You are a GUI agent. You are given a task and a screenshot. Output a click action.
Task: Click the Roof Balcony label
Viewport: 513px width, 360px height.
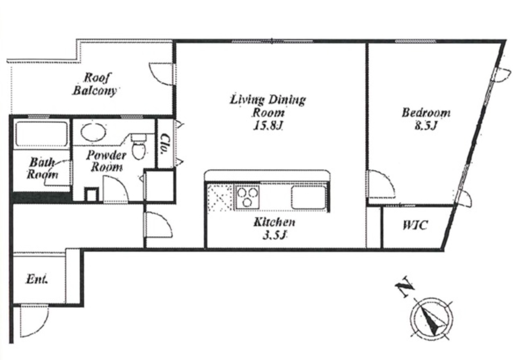pyautogui.click(x=94, y=84)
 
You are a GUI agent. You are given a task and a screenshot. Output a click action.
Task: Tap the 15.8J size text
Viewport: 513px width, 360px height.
pyautogui.click(x=268, y=125)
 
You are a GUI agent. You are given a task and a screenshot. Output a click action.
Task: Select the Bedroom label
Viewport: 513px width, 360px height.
pyautogui.click(x=426, y=113)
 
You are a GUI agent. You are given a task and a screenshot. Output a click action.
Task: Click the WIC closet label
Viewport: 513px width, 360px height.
pyautogui.click(x=415, y=225)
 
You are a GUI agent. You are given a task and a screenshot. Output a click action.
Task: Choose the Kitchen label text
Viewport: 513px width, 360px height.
pyautogui.click(x=275, y=222)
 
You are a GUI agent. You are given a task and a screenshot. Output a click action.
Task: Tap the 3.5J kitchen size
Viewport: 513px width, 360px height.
pyautogui.click(x=275, y=235)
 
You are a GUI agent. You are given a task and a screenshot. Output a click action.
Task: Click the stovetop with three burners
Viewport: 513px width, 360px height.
pyautogui.click(x=247, y=197)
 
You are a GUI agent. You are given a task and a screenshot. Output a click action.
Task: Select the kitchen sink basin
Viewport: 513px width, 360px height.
pyautogui.click(x=308, y=197)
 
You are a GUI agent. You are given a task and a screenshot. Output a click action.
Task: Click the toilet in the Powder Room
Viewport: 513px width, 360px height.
pyautogui.click(x=139, y=146)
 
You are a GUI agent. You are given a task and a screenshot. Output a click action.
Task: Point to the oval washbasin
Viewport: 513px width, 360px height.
pyautogui.click(x=93, y=132)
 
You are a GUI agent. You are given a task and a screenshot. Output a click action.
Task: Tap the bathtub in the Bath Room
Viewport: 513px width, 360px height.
pyautogui.click(x=42, y=134)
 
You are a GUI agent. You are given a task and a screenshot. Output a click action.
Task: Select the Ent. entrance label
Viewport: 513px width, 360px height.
pyautogui.click(x=37, y=280)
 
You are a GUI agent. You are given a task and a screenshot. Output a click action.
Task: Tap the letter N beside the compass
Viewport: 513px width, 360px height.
pyautogui.click(x=405, y=287)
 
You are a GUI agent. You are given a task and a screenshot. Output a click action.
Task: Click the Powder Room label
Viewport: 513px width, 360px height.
pyautogui.click(x=106, y=161)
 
